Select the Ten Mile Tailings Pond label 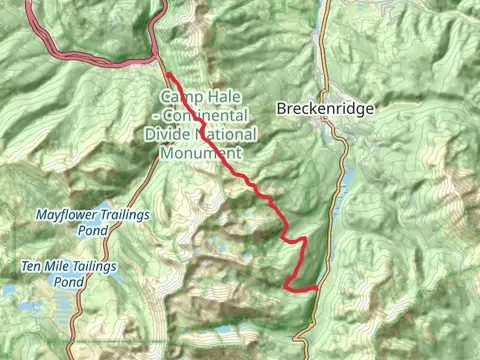[69, 274]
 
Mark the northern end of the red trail [165, 75]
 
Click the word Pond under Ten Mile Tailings [69, 283]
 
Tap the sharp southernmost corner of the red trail [288, 288]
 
